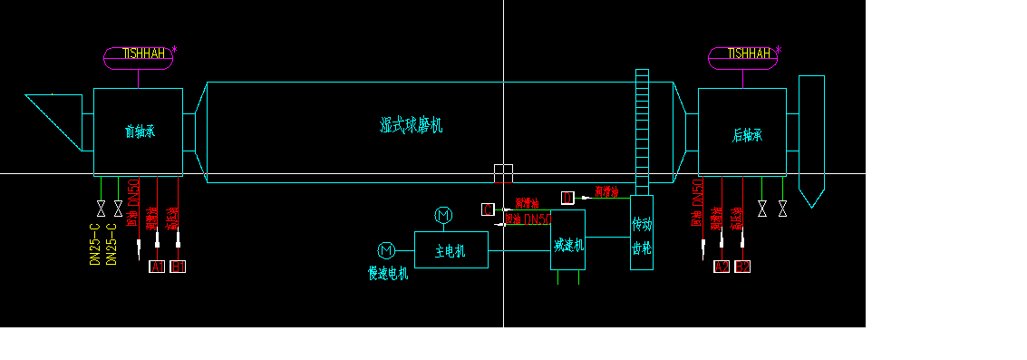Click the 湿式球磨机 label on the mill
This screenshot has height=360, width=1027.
tap(411, 126)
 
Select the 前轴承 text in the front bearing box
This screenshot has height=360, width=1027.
tap(140, 131)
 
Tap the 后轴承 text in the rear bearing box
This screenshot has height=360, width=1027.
tap(747, 135)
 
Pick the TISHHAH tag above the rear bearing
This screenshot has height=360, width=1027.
tap(743, 54)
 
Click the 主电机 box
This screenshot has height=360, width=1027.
tap(451, 250)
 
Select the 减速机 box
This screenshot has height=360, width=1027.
tap(568, 242)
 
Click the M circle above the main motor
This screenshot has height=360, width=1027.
tap(443, 216)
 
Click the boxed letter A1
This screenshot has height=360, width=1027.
tap(156, 267)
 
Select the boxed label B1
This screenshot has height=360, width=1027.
tap(179, 267)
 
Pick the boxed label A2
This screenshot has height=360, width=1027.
tap(722, 267)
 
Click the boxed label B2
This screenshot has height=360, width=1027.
tap(743, 267)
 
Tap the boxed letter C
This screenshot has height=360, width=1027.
tap(488, 209)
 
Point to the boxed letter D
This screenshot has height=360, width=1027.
tap(567, 198)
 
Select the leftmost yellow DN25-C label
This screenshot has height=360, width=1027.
tap(95, 244)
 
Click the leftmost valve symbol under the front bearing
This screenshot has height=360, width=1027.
tap(101, 209)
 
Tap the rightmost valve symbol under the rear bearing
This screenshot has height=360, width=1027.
tap(782, 209)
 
